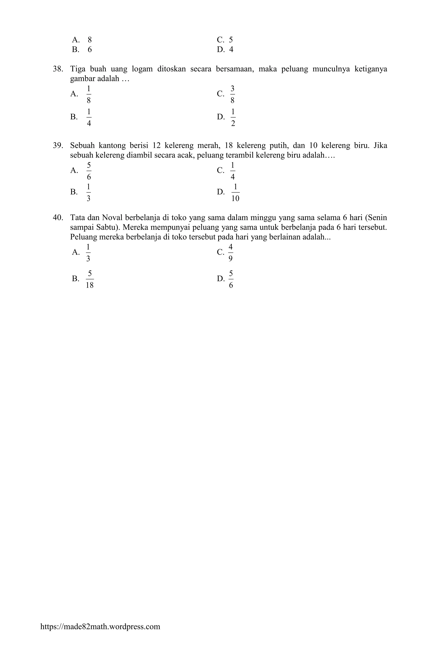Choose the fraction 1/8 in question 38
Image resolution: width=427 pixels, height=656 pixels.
[x=89, y=94]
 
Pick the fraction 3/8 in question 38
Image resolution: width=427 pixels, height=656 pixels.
[x=232, y=94]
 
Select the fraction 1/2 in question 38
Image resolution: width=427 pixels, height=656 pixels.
[x=233, y=117]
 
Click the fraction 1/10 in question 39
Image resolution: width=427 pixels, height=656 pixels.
[x=235, y=192]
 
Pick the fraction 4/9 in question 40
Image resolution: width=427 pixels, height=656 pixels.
[x=231, y=252]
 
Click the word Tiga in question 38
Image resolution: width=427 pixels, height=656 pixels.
[x=78, y=69]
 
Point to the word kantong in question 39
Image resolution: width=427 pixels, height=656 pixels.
[x=112, y=145]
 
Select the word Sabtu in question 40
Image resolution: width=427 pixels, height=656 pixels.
[x=106, y=228]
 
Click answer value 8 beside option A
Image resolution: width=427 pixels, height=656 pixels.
[x=90, y=40]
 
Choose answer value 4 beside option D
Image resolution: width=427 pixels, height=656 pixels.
[x=231, y=50]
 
